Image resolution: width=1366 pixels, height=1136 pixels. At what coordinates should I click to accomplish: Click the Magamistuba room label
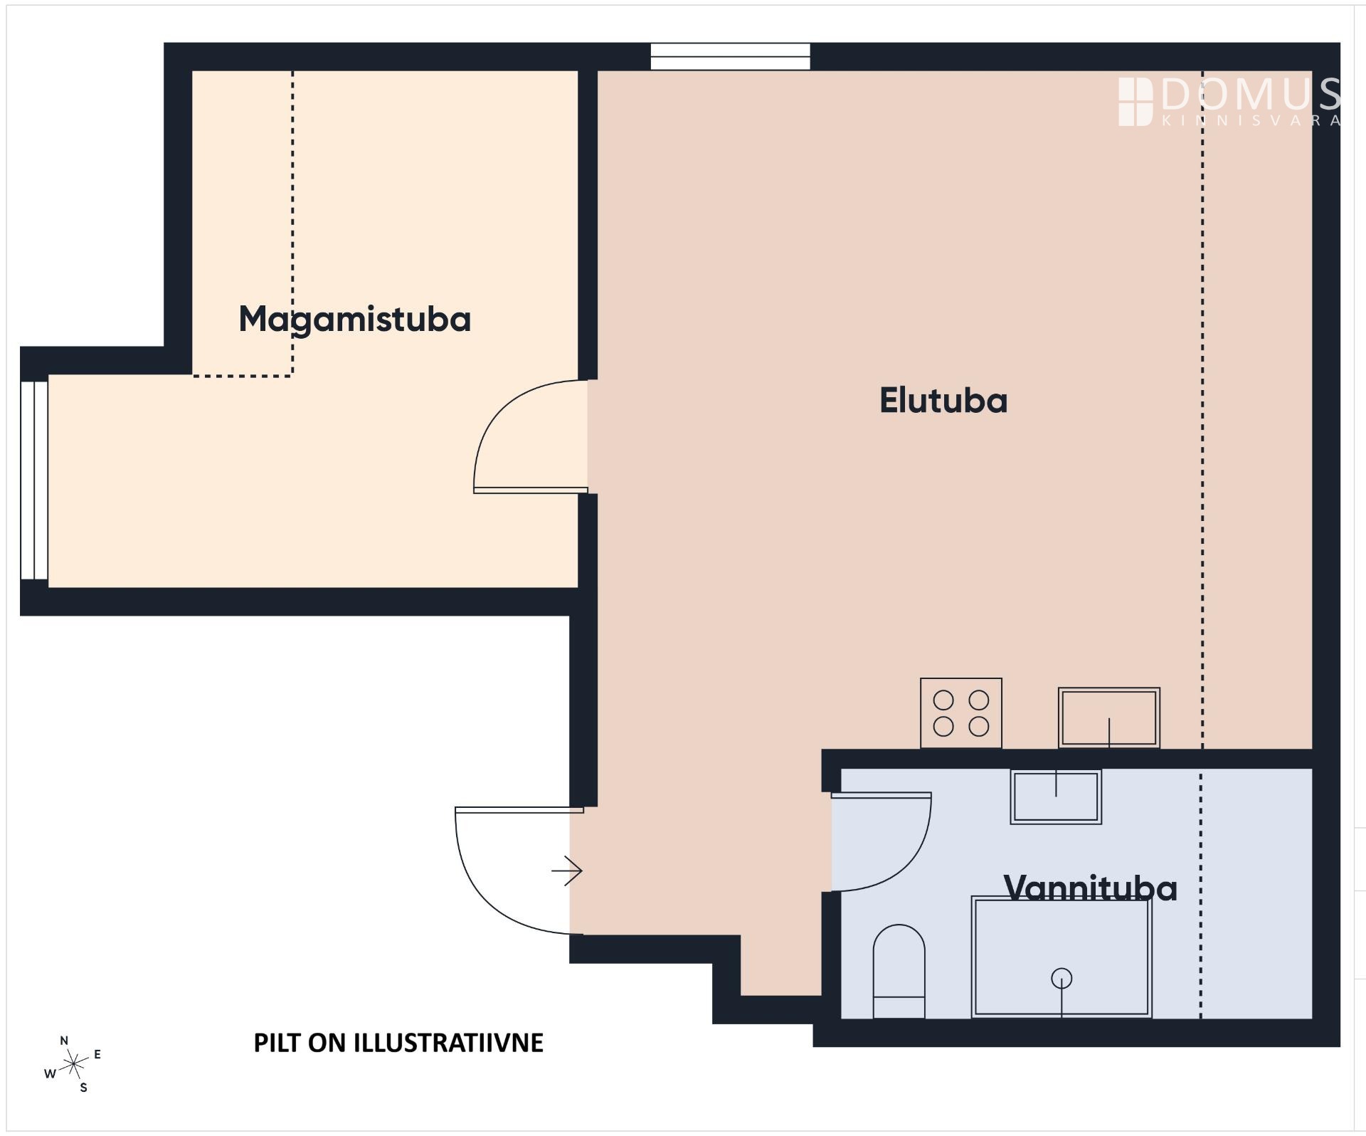tap(355, 320)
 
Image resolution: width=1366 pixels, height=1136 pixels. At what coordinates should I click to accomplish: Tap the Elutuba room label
tap(943, 401)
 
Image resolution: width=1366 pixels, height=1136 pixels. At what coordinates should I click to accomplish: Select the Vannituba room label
tap(1090, 888)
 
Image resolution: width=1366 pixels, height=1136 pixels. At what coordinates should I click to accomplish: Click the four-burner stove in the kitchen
tap(961, 713)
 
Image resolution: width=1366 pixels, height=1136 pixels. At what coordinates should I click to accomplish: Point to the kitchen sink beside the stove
tap(1109, 717)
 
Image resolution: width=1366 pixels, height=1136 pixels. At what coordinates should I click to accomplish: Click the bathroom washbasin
tap(1056, 796)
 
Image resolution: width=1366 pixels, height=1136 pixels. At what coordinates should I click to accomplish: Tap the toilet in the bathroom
tap(899, 971)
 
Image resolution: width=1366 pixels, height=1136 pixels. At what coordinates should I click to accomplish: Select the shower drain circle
tap(1061, 979)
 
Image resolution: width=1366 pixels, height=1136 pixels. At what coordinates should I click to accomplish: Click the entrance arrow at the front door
tap(567, 871)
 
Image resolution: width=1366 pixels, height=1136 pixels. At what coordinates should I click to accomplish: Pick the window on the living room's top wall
tap(731, 57)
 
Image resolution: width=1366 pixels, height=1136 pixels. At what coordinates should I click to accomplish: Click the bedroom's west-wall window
tap(34, 480)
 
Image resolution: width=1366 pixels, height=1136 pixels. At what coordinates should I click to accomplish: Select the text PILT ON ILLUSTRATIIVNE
tap(398, 1043)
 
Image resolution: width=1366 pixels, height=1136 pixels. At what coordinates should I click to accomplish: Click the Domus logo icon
tap(1135, 102)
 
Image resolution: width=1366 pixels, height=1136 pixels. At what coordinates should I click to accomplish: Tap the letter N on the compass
tap(64, 1041)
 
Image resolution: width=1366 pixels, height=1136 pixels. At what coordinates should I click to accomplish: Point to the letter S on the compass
tap(83, 1088)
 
